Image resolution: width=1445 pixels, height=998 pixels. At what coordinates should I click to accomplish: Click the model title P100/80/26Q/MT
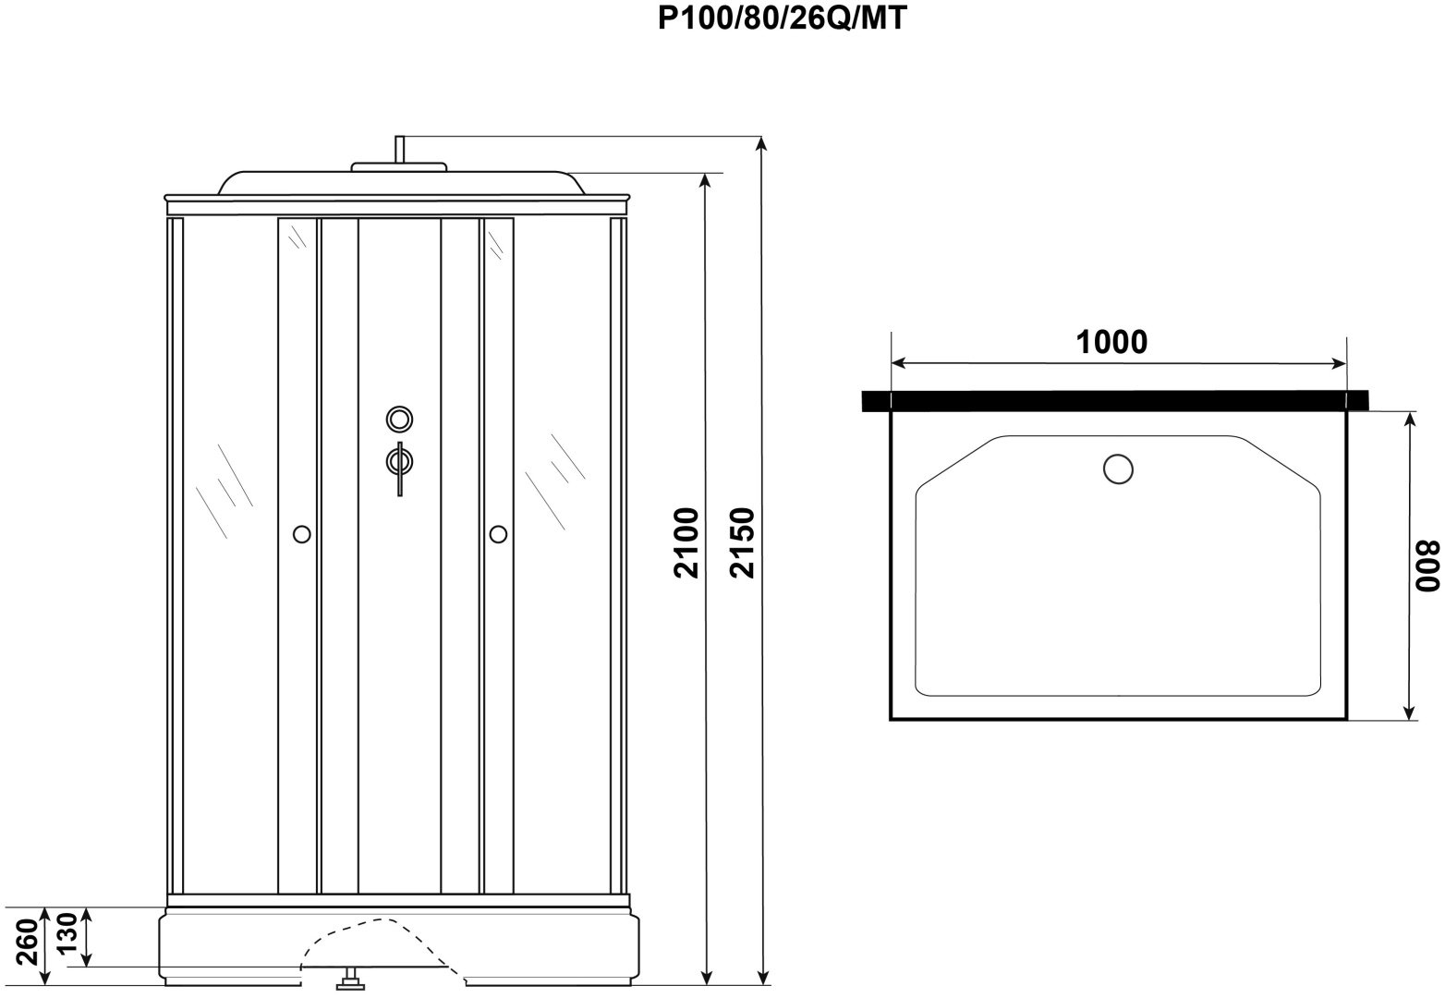coord(782,18)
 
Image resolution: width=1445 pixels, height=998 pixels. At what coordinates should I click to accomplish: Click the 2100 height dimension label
coord(686,542)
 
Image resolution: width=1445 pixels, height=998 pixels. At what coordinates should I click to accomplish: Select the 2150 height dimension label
coord(742,542)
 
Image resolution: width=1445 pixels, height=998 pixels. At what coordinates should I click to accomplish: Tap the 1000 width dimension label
coord(1111,342)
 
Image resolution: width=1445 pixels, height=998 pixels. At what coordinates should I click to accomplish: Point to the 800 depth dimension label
coord(1427,566)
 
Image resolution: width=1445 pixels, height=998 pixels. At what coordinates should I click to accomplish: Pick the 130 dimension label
coord(67,931)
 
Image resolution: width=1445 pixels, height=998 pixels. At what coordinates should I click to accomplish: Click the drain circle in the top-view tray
coord(1118,469)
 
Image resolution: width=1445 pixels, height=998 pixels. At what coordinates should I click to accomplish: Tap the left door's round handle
coord(301,534)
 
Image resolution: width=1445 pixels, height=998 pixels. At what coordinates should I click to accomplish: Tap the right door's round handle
coord(498,534)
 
